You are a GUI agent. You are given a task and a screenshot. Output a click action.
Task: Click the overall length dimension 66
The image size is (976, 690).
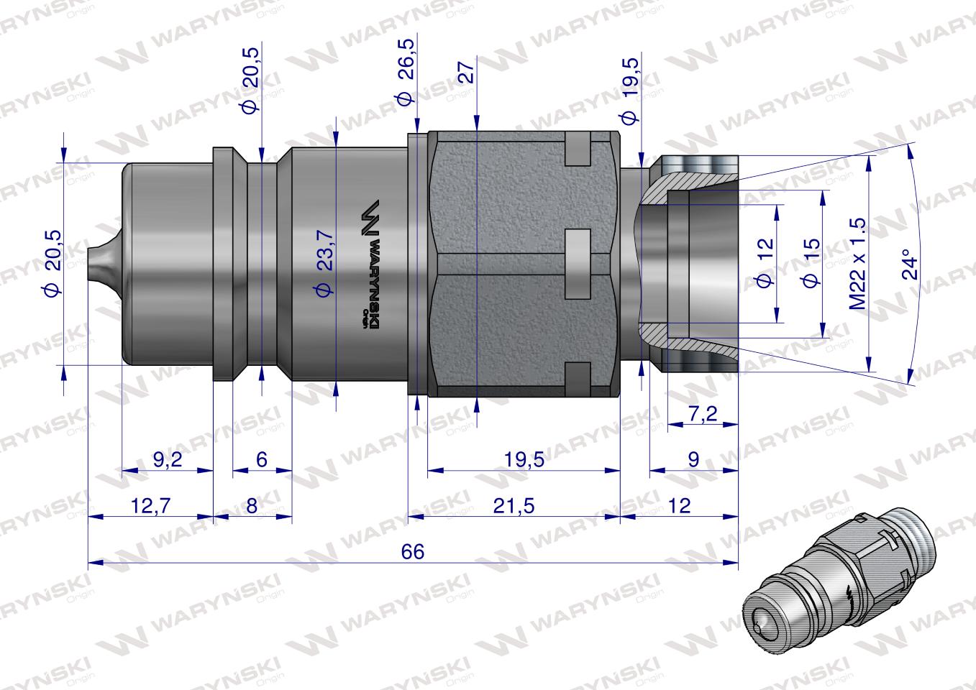coord(414,552)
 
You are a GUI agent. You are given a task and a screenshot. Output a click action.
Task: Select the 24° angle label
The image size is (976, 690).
coord(913,264)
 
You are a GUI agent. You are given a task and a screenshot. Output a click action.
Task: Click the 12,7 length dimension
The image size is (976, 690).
coord(151,506)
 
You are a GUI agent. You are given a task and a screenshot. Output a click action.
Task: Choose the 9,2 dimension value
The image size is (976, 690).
coord(168,461)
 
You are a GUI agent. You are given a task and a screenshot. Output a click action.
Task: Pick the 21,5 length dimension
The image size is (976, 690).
coord(514,506)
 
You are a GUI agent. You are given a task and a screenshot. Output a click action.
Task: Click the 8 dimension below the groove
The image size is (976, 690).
coord(252,506)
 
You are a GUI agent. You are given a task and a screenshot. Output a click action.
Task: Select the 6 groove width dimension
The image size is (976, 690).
coord(261,461)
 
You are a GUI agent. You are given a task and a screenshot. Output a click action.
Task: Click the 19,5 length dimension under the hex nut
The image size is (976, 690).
coord(524,461)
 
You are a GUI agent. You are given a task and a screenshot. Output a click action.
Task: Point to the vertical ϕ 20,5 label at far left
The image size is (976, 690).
coord(53,263)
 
